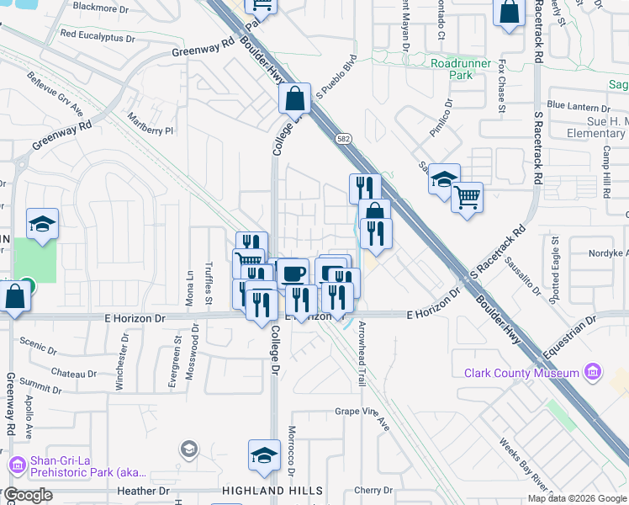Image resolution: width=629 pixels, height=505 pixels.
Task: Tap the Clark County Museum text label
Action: point(521,373)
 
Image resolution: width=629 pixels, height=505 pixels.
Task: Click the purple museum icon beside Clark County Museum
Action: point(594,372)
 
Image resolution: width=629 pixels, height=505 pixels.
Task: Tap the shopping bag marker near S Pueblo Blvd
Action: point(295,98)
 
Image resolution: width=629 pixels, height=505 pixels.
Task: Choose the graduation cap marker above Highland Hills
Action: point(264,455)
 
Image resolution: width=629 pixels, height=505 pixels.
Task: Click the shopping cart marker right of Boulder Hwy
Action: point(468,198)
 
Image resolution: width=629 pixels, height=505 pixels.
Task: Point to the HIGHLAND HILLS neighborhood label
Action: point(272,491)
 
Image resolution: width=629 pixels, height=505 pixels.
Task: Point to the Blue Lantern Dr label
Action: point(578,107)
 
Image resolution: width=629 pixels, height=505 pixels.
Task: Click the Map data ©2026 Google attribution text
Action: point(577,498)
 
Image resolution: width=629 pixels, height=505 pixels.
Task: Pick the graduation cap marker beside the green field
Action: point(42,223)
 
